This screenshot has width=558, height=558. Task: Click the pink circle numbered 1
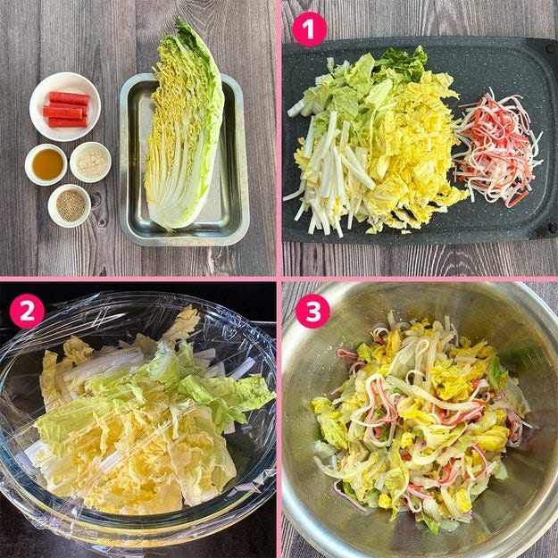pos(309,29)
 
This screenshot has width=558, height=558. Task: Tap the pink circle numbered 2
pos(27,311)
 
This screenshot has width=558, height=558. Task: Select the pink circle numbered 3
pos(312,311)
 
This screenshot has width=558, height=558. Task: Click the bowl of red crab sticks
pos(65,106)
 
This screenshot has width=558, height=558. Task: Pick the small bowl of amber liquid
pos(46,164)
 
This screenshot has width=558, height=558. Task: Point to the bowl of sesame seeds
pos(70,205)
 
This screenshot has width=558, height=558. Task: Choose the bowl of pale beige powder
pos(90,162)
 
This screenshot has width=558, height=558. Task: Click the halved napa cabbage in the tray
pos(183,125)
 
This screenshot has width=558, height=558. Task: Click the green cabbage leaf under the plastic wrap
pos(224,395)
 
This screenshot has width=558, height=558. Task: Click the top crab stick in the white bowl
pos(69,98)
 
